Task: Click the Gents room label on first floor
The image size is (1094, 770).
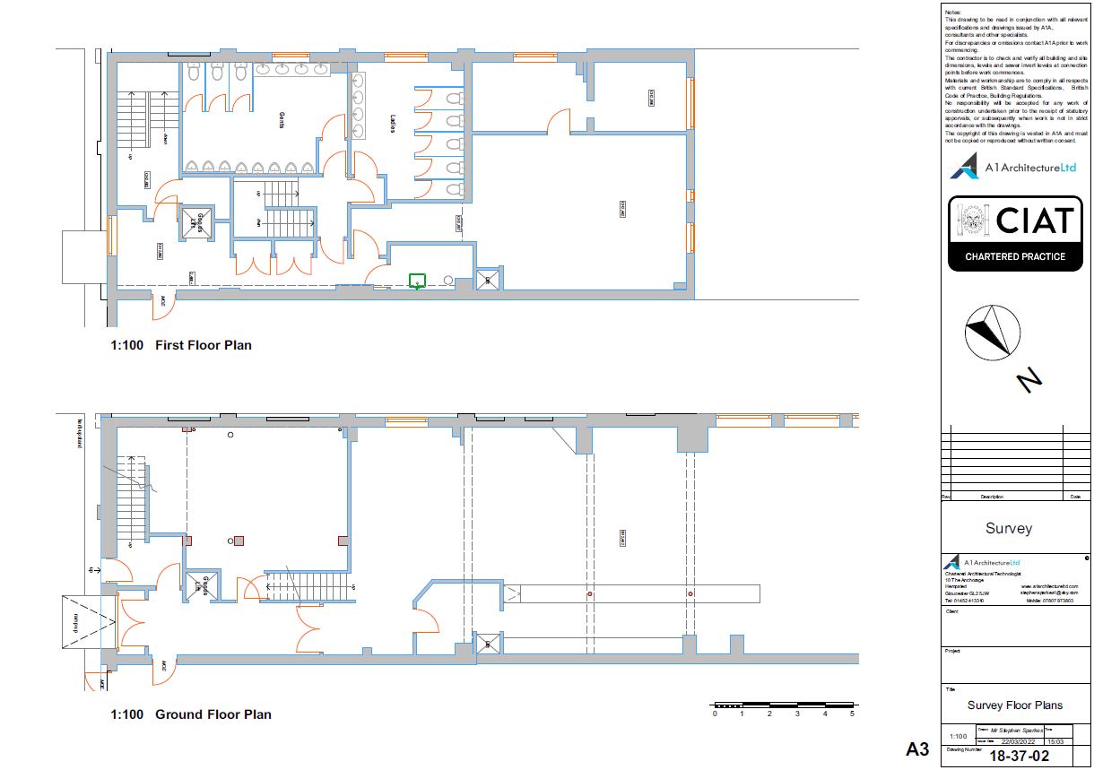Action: click(281, 121)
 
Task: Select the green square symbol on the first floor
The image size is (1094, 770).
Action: click(416, 281)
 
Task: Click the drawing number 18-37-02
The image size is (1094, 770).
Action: click(1018, 756)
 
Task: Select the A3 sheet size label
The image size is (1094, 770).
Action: click(916, 748)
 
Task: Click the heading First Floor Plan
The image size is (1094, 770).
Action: click(203, 345)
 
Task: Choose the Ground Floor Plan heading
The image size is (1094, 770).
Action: click(213, 714)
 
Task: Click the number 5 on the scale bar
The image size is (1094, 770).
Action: click(852, 714)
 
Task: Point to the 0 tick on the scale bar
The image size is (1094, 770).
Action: click(715, 714)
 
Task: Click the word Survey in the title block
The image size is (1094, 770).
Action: click(1008, 529)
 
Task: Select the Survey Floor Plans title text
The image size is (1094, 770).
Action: click(1015, 705)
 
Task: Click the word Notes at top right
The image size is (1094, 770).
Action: click(952, 12)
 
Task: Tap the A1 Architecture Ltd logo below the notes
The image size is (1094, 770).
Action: click(1013, 168)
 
